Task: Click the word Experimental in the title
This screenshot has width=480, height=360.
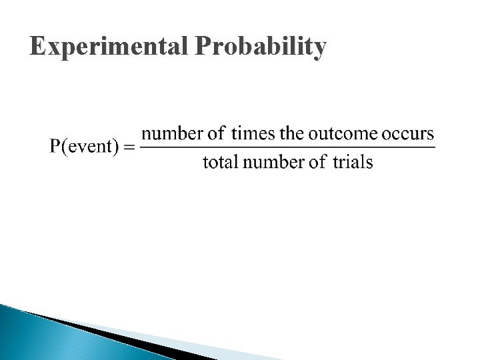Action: (110, 47)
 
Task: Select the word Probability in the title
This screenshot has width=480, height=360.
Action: (261, 47)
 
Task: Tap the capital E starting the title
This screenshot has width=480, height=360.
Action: (38, 46)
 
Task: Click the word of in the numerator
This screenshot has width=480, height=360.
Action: (217, 133)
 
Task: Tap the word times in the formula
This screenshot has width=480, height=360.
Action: (253, 133)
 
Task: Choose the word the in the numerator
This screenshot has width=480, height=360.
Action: (292, 133)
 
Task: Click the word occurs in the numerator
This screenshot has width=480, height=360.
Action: (408, 133)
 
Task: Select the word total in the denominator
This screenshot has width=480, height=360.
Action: (220, 162)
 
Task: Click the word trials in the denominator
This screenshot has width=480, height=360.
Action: (353, 162)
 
